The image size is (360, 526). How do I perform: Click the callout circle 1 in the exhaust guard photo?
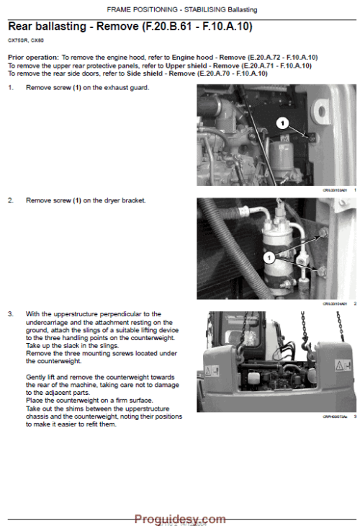click(x=282, y=122)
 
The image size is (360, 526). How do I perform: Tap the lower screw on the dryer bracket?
click(x=321, y=270)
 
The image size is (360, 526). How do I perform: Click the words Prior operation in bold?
click(x=33, y=56)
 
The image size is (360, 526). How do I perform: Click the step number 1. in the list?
click(x=11, y=87)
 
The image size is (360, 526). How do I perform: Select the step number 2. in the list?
click(x=11, y=200)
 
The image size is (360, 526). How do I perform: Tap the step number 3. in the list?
click(x=11, y=314)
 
